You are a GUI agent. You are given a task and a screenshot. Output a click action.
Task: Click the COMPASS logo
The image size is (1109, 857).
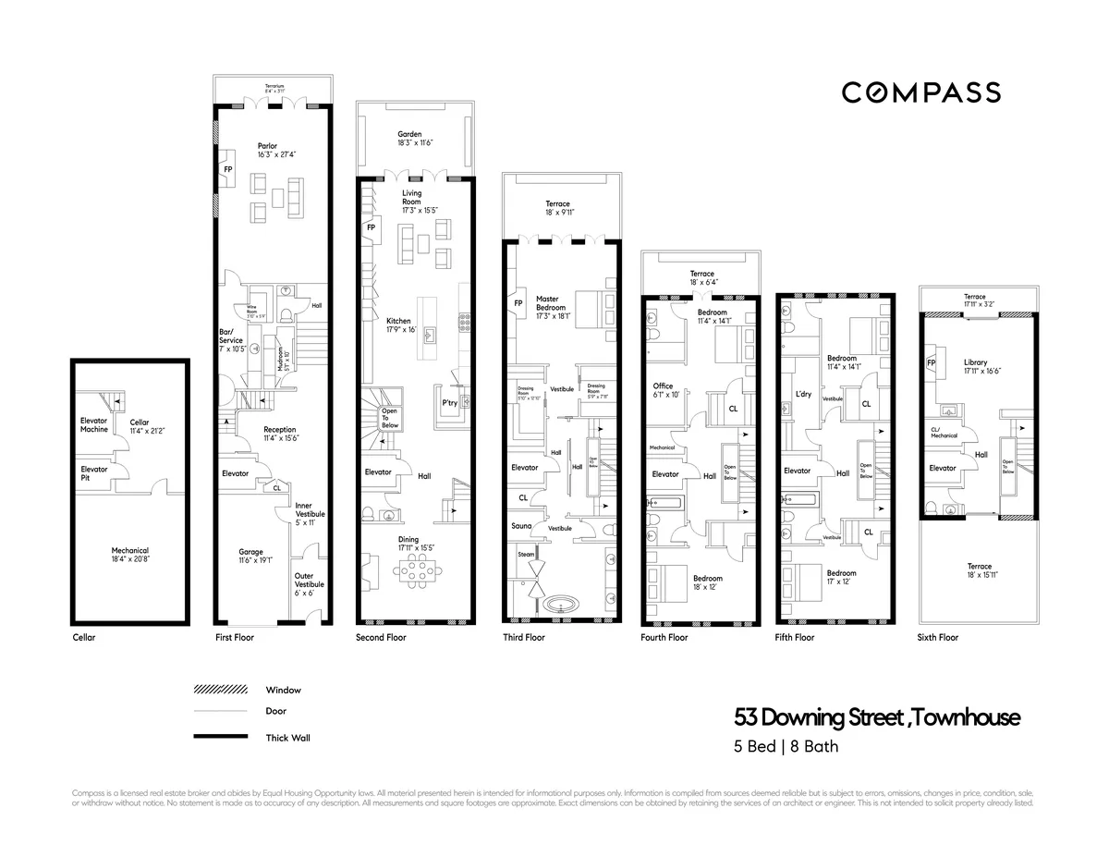(x=920, y=92)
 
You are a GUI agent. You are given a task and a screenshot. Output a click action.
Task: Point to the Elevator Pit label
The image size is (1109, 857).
(x=94, y=473)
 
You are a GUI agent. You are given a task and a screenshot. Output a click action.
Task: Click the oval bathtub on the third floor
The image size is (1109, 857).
(x=557, y=606)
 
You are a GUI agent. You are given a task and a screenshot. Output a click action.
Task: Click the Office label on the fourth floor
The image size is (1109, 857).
(x=664, y=390)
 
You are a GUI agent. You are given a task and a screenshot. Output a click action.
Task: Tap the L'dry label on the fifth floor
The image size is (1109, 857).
(x=803, y=394)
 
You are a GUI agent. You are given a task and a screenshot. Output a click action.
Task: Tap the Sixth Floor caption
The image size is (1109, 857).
(x=938, y=637)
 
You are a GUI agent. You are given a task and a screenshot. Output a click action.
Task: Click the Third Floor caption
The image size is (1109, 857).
(x=524, y=637)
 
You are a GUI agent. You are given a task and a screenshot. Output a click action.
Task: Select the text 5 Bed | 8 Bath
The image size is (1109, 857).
(x=786, y=746)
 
